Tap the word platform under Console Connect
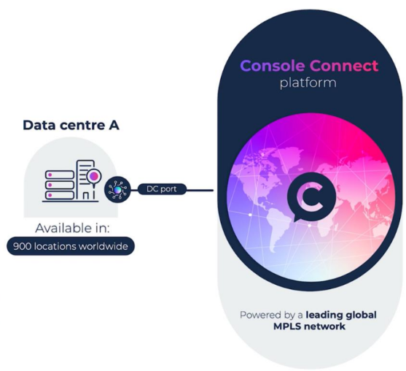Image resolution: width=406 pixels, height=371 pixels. tap(308, 83)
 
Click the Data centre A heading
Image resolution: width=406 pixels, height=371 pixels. tap(71, 126)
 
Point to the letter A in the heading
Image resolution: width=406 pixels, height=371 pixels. tap(114, 126)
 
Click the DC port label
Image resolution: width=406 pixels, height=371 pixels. tap(162, 190)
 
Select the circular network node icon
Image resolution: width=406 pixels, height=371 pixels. tap(116, 190)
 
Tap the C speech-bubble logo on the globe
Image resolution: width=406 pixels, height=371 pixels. tap(309, 198)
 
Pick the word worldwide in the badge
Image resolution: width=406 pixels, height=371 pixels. tap(104, 247)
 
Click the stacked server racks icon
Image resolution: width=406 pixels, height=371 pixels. tap(59, 184)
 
